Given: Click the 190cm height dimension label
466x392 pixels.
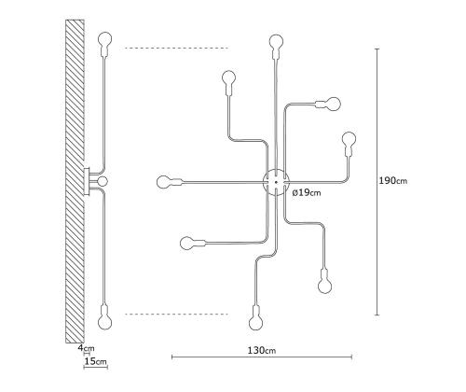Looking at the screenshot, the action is coord(392,180).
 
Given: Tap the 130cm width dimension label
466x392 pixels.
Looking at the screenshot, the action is coord(262,350).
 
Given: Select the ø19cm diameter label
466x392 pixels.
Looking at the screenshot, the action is coord(307,193).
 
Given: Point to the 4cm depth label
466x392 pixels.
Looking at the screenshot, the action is coord(86,348).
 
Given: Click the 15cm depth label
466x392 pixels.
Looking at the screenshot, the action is coord(95,361).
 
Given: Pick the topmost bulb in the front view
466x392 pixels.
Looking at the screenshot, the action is coord(276,44).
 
